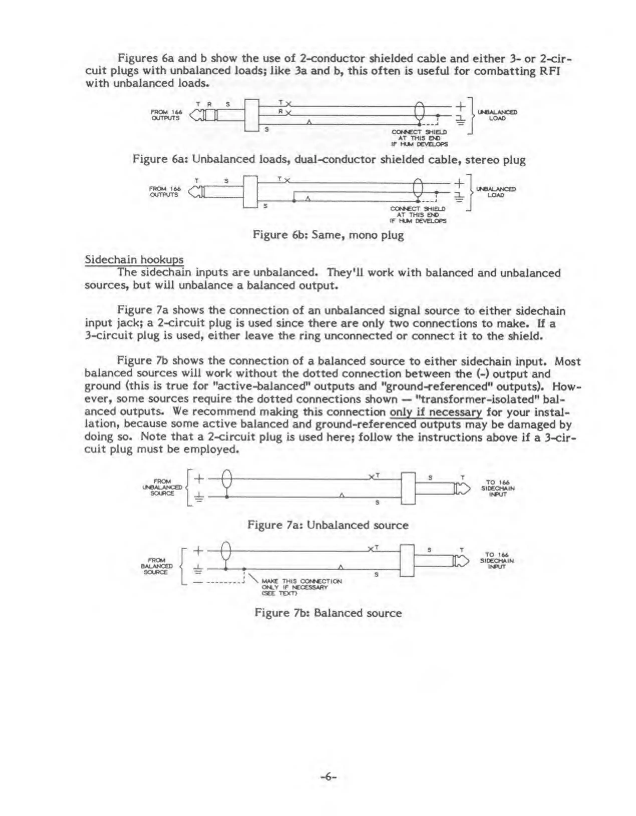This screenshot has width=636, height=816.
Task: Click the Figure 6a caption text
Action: pyautogui.click(x=329, y=160)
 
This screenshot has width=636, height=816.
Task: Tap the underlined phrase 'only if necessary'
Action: pyautogui.click(x=436, y=412)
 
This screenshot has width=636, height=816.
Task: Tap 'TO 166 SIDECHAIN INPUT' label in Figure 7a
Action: pyautogui.click(x=497, y=488)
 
